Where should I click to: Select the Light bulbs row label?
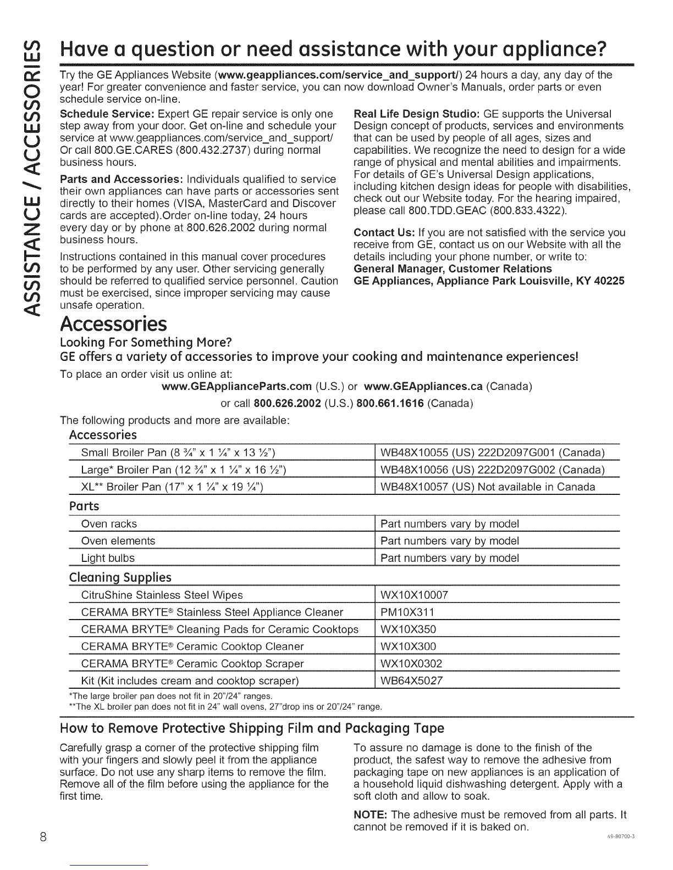pos(108,558)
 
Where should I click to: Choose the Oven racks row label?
pos(109,524)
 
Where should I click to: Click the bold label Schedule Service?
pos(106,114)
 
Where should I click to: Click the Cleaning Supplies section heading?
pos(120,577)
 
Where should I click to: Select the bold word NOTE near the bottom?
pos(368,815)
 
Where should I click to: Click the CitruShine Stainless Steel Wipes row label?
pos(162,595)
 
